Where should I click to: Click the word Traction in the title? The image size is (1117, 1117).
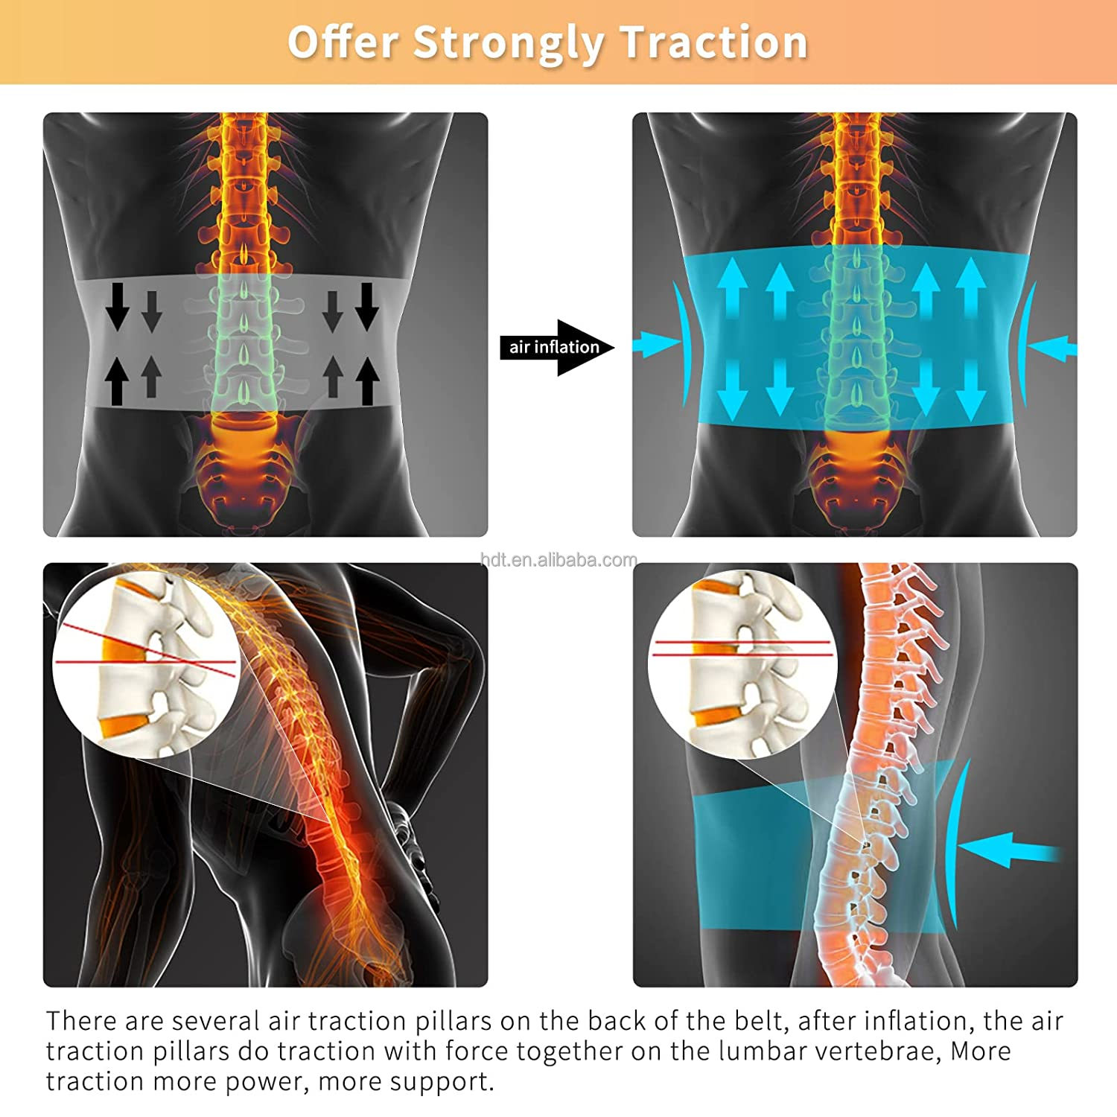coord(714,42)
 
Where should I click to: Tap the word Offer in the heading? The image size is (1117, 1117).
coord(343,42)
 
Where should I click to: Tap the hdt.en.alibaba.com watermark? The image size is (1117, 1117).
coord(558,560)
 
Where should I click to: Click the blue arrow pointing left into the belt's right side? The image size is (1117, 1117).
coord(1052,348)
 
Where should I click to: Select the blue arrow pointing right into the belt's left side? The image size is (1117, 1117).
coord(655,343)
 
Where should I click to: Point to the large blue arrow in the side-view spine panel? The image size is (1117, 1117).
coord(1009,850)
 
